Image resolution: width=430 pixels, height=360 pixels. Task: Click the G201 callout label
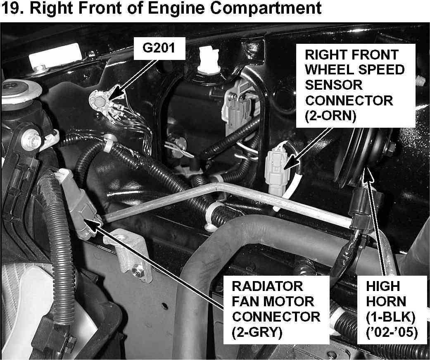click(x=159, y=48)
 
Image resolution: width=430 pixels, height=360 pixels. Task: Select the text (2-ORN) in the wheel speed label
click(x=330, y=116)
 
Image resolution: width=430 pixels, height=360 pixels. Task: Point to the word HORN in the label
click(x=386, y=302)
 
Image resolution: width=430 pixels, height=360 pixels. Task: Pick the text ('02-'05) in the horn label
click(x=392, y=333)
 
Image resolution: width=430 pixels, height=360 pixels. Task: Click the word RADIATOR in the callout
click(x=267, y=286)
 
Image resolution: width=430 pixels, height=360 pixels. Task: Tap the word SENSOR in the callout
click(x=333, y=85)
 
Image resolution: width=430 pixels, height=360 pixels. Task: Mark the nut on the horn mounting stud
click(x=390, y=148)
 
